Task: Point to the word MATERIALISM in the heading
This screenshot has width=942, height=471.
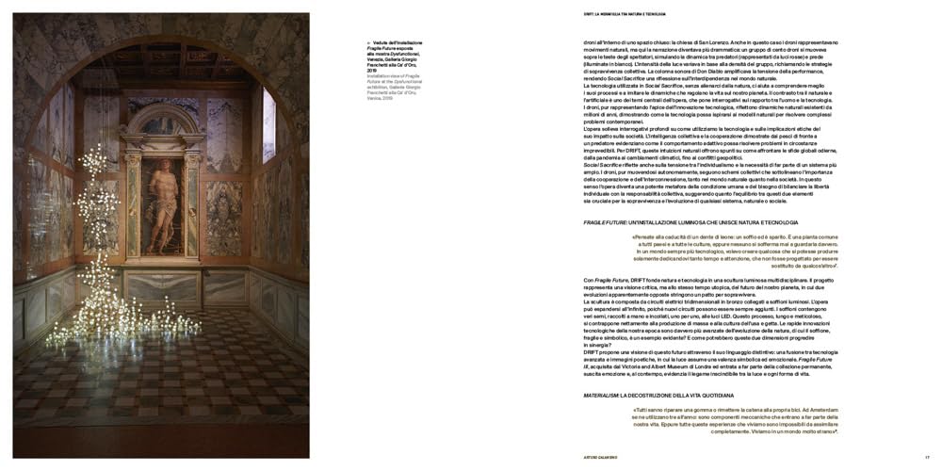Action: (604, 395)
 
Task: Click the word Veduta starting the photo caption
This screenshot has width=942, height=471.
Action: (378, 42)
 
